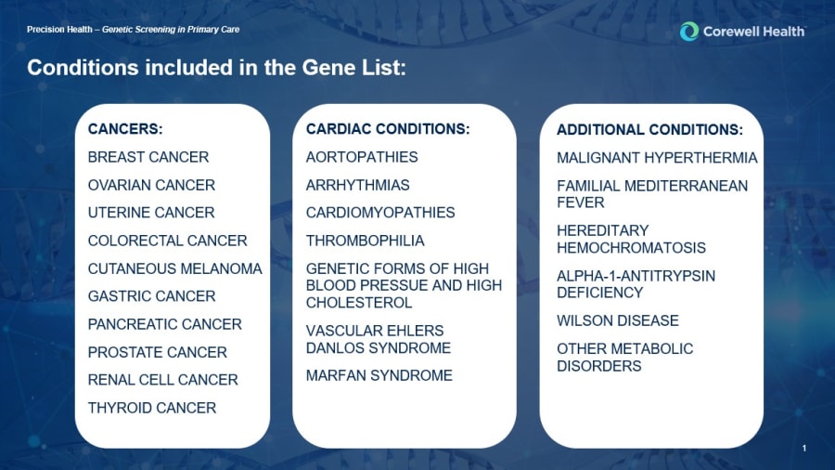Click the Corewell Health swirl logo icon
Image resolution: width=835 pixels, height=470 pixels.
coord(689,32)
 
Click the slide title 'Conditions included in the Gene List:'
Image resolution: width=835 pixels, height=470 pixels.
coord(216,68)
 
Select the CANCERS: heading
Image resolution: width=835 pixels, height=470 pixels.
coord(125,129)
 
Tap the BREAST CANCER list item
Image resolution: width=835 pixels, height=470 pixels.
coord(148,157)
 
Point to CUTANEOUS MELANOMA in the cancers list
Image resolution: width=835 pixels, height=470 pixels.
coord(174,268)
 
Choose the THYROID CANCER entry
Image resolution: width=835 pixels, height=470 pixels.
coord(152,408)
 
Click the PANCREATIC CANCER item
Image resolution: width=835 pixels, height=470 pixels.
coord(164,324)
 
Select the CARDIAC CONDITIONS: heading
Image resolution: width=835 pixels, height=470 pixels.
coord(388,129)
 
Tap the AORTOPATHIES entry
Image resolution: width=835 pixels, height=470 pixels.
coord(362,157)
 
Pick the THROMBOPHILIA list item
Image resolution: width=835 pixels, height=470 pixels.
coord(365,241)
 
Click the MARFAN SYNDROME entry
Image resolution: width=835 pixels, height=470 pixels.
coord(379,375)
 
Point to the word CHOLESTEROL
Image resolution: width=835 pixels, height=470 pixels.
coord(359,303)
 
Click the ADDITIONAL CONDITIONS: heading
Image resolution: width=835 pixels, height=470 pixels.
coord(649,129)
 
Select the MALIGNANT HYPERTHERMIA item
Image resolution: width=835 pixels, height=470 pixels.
coord(657,158)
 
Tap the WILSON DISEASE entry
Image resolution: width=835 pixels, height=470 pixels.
coord(618,320)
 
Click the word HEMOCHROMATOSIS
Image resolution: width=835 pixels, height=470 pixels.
coord(631,248)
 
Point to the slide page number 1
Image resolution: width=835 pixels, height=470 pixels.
coord(804,448)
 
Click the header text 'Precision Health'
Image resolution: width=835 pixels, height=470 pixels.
coord(59,30)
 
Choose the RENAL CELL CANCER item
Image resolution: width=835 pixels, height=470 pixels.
coord(162,380)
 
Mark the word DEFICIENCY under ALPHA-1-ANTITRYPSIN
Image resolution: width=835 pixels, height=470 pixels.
coord(599,293)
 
